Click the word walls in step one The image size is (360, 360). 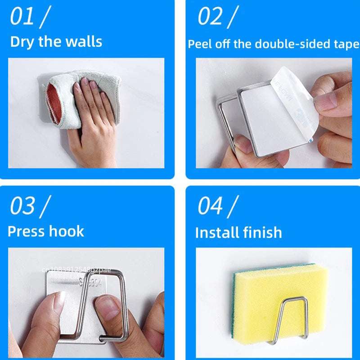83,42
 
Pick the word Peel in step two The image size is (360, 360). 198,44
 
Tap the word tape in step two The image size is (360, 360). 346,44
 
